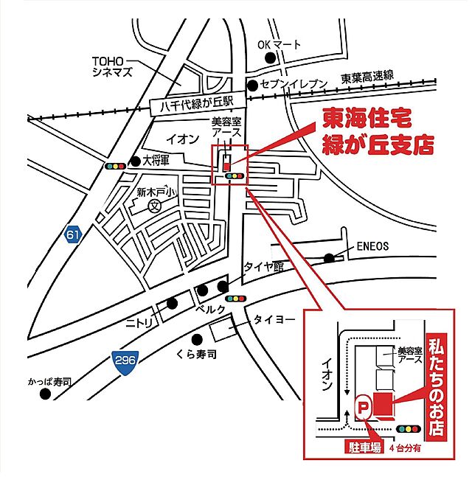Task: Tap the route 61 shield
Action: tap(72, 235)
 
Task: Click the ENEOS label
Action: tap(372, 246)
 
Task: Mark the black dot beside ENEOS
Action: tap(329, 257)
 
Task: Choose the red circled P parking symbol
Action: tap(362, 405)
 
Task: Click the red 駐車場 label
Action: tap(364, 446)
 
